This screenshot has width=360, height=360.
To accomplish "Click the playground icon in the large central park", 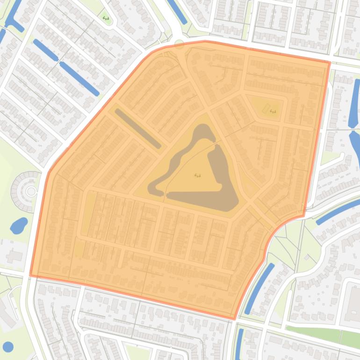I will [197, 176].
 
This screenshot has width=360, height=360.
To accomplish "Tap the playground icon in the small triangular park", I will [273, 111].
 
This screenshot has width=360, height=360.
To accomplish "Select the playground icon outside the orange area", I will [106, 18].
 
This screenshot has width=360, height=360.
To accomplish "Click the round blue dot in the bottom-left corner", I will [8, 346].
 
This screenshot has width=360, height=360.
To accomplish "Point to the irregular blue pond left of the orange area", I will [19, 225].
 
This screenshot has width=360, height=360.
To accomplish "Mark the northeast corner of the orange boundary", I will [330, 62].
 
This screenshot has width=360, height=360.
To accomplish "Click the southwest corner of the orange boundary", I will [30, 275].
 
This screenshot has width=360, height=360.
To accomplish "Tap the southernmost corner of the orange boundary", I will [234, 319].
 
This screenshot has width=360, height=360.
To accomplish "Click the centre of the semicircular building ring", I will [31, 191].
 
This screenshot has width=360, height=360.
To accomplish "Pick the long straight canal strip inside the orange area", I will [138, 128].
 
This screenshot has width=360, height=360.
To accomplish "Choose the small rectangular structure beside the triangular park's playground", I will [266, 109].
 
